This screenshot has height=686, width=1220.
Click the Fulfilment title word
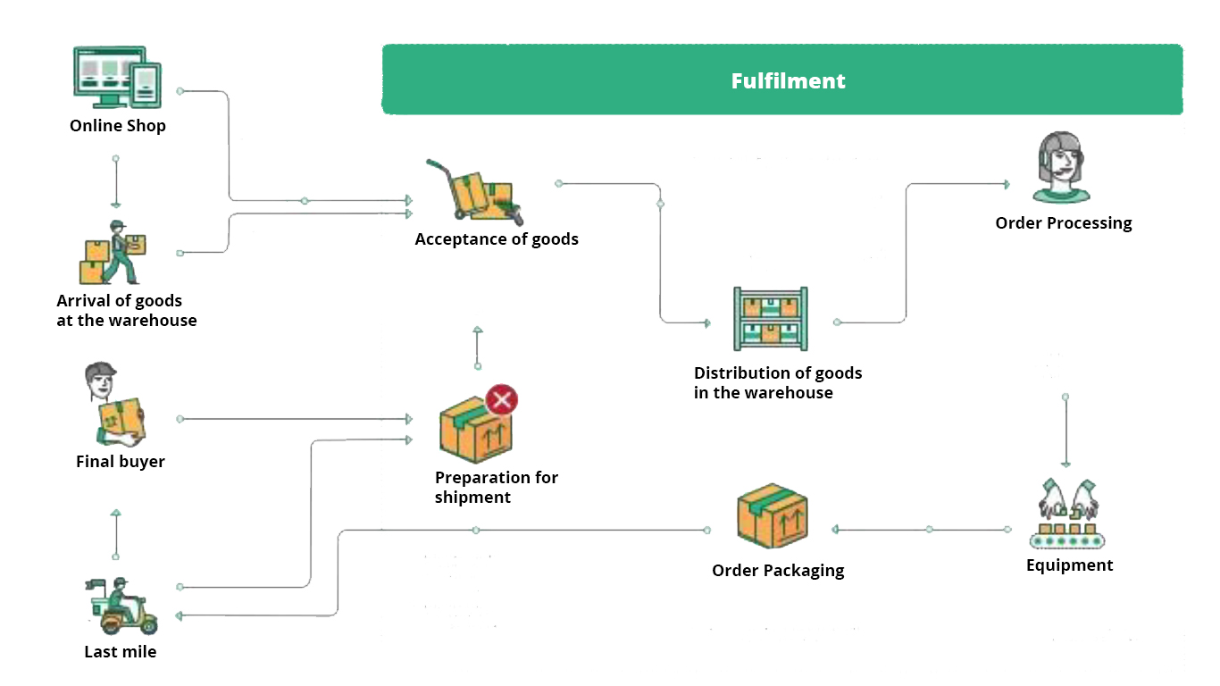click(788, 81)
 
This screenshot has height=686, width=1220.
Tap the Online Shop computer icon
click(117, 78)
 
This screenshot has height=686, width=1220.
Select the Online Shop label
click(118, 126)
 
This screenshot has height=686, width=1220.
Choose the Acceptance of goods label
click(497, 239)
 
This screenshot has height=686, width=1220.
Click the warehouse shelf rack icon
click(770, 319)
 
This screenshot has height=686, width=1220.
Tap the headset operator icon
click(1061, 168)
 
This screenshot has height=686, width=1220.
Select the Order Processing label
click(1064, 223)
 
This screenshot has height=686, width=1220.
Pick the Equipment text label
click(1069, 565)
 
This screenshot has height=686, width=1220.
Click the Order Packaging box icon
click(773, 517)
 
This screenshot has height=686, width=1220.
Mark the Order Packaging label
click(778, 571)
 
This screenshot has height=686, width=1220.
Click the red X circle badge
click(502, 399)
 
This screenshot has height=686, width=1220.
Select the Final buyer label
click(121, 462)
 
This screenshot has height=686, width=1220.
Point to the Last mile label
click(121, 652)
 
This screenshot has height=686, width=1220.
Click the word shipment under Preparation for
click(472, 498)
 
